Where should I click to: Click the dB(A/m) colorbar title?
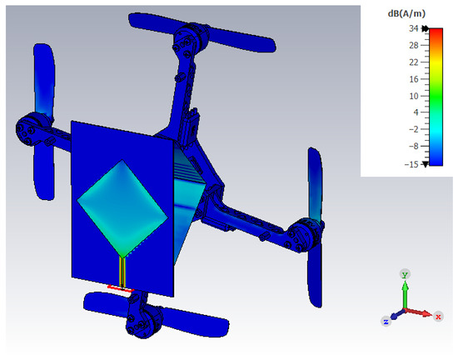(406, 13)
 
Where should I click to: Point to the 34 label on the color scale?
(413, 28)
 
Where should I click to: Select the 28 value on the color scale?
(414, 45)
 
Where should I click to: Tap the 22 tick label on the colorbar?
(414, 62)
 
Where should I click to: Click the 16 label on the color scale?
(414, 79)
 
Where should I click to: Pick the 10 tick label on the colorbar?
(414, 96)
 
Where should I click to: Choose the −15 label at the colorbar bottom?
(411, 164)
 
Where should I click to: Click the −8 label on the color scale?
(414, 146)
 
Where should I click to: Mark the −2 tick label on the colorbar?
(414, 129)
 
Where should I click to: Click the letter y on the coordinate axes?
(405, 274)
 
